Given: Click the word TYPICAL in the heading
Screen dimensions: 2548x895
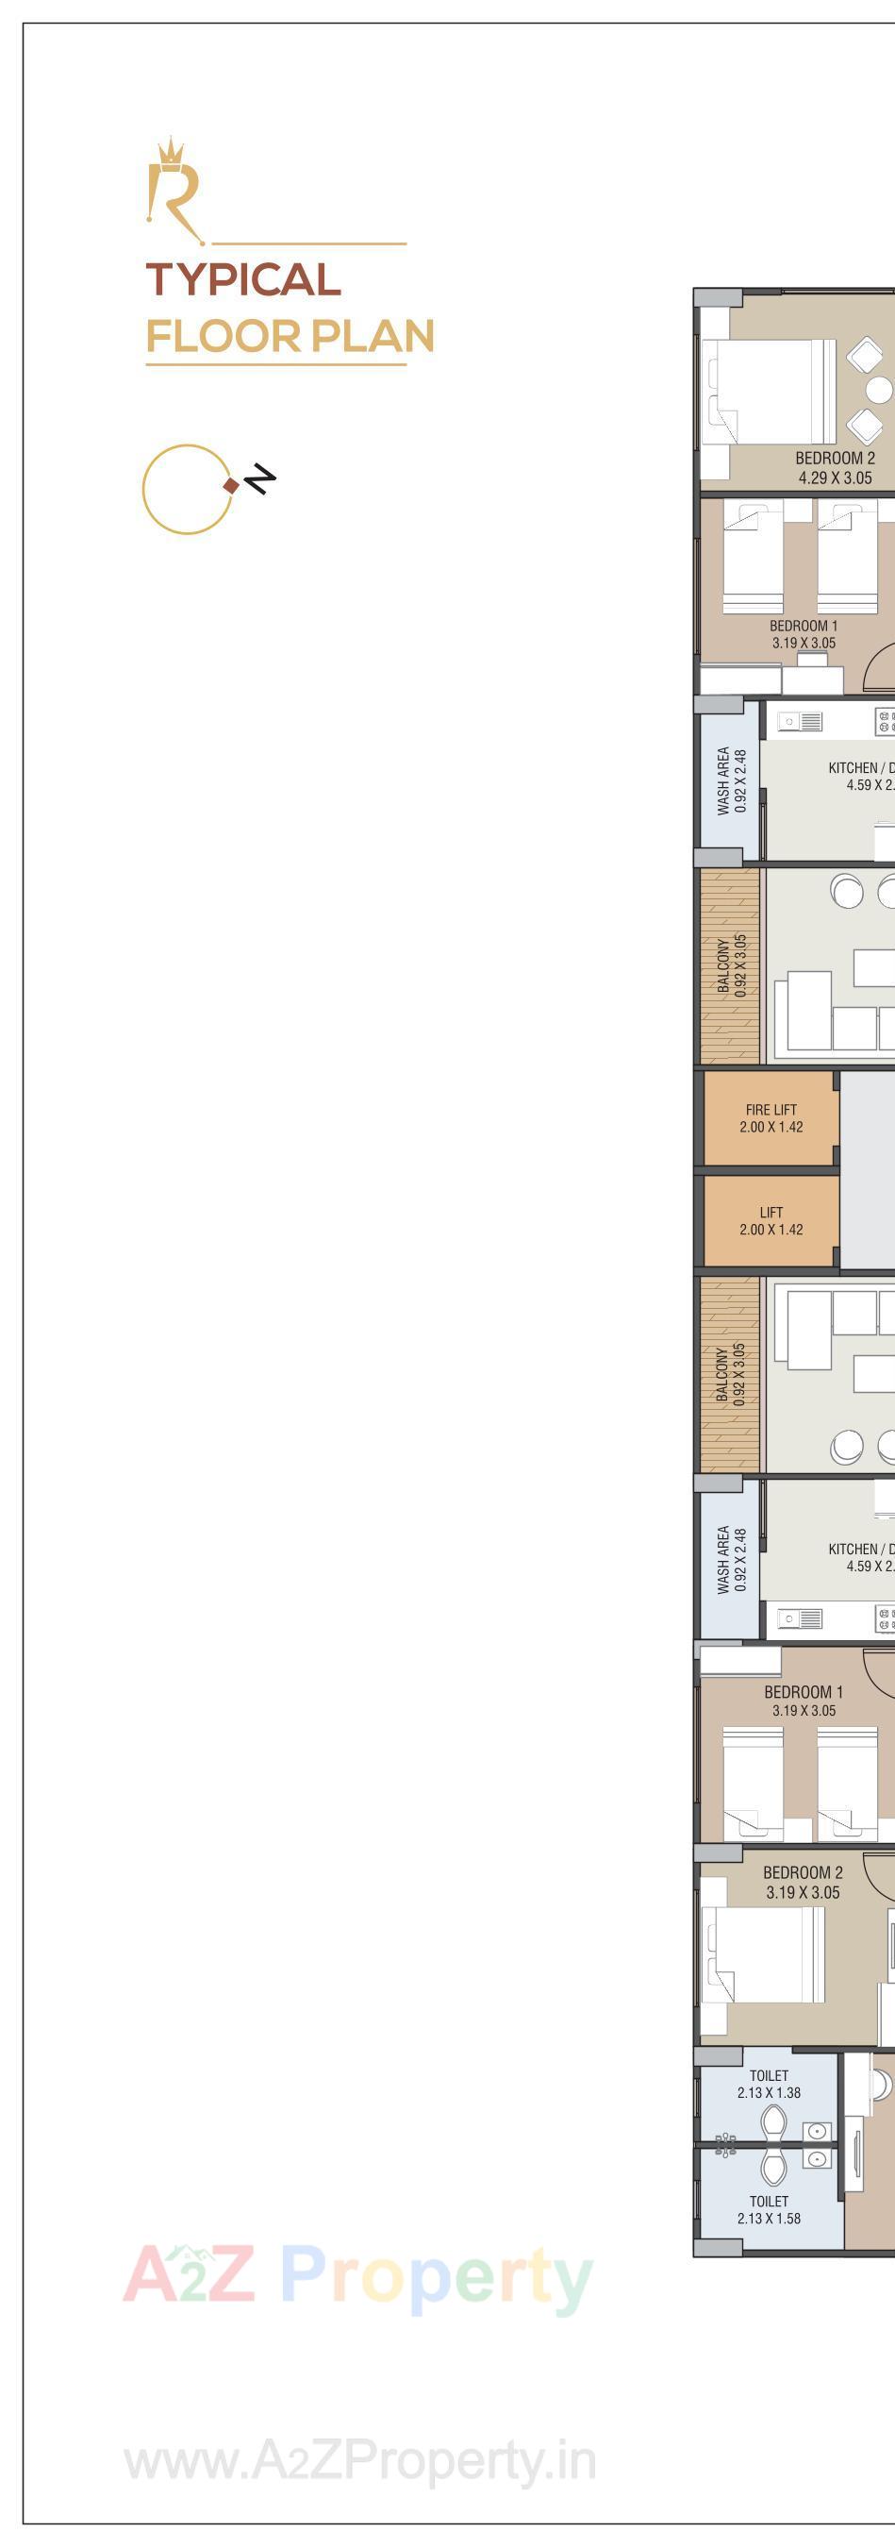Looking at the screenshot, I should click(x=243, y=280).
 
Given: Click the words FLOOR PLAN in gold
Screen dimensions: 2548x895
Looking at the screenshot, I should click(x=290, y=336).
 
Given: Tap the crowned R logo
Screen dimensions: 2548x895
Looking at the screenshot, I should click(x=175, y=190).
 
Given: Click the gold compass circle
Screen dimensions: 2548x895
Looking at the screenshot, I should click(x=186, y=490).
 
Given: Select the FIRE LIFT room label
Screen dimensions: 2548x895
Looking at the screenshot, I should click(x=771, y=1118).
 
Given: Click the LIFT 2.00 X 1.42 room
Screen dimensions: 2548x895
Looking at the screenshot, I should click(x=771, y=1220).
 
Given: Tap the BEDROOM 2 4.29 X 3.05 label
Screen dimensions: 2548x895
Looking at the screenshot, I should click(x=835, y=468).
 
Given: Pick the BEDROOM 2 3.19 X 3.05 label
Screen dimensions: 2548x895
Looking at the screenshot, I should click(x=802, y=1883).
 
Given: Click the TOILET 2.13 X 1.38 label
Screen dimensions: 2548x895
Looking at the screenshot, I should click(x=769, y=2084).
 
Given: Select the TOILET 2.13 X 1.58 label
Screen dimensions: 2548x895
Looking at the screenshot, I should click(x=769, y=2210).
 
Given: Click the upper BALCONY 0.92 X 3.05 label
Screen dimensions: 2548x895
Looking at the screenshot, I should click(x=732, y=964).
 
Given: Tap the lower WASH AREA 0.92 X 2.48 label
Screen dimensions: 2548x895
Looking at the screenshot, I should click(x=732, y=1560).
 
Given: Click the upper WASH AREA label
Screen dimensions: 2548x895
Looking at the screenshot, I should click(x=732, y=781).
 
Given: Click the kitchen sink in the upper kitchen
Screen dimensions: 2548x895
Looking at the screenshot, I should click(x=801, y=721).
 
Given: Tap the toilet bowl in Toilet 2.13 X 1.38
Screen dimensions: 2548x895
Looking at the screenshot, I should click(x=772, y=2121).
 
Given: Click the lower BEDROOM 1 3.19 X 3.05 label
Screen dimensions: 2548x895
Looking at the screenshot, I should click(x=803, y=1701).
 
